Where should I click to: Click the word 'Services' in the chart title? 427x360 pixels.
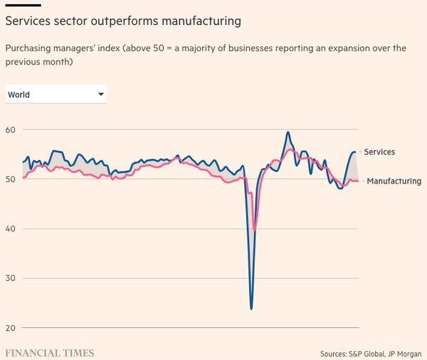click(x=28, y=21)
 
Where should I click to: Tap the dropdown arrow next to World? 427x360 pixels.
click(x=101, y=94)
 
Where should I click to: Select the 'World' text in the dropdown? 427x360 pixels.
click(x=19, y=95)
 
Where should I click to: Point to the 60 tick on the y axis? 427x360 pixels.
click(x=11, y=129)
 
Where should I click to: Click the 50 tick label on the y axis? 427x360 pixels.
click(x=11, y=179)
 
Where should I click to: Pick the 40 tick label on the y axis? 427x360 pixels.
click(x=11, y=229)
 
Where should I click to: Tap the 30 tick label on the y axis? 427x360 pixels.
click(x=11, y=278)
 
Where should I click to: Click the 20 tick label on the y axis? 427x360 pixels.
click(x=11, y=328)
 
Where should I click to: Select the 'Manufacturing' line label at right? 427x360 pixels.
click(x=394, y=181)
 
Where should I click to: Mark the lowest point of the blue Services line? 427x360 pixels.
click(x=251, y=308)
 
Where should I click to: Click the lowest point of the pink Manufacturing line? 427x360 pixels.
click(x=255, y=230)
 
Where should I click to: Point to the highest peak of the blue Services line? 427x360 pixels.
click(x=288, y=132)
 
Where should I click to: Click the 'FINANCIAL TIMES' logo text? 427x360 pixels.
click(x=49, y=353)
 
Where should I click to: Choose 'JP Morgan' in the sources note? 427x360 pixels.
click(x=405, y=353)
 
